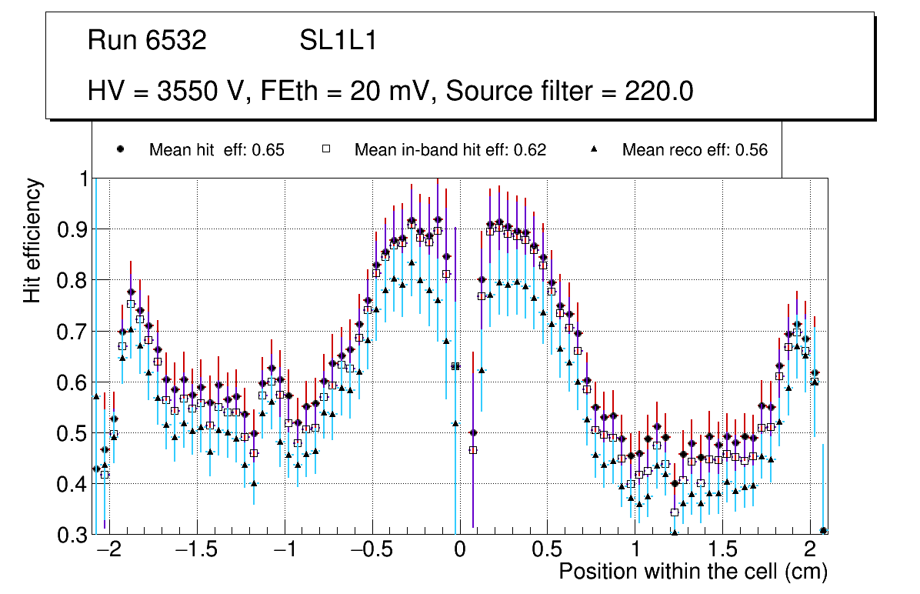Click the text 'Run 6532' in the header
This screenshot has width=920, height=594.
[x=147, y=41]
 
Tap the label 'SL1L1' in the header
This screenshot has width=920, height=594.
[x=338, y=41]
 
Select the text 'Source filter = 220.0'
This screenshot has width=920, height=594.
[x=570, y=92]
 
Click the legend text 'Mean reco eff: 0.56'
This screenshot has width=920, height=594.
[x=695, y=150]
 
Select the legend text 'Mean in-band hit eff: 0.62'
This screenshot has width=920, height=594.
[x=450, y=150]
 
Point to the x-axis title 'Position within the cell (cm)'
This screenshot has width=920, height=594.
[x=693, y=572]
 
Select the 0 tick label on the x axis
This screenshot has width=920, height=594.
[x=458, y=551]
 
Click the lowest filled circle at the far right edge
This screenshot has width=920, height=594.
[x=823, y=530]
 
